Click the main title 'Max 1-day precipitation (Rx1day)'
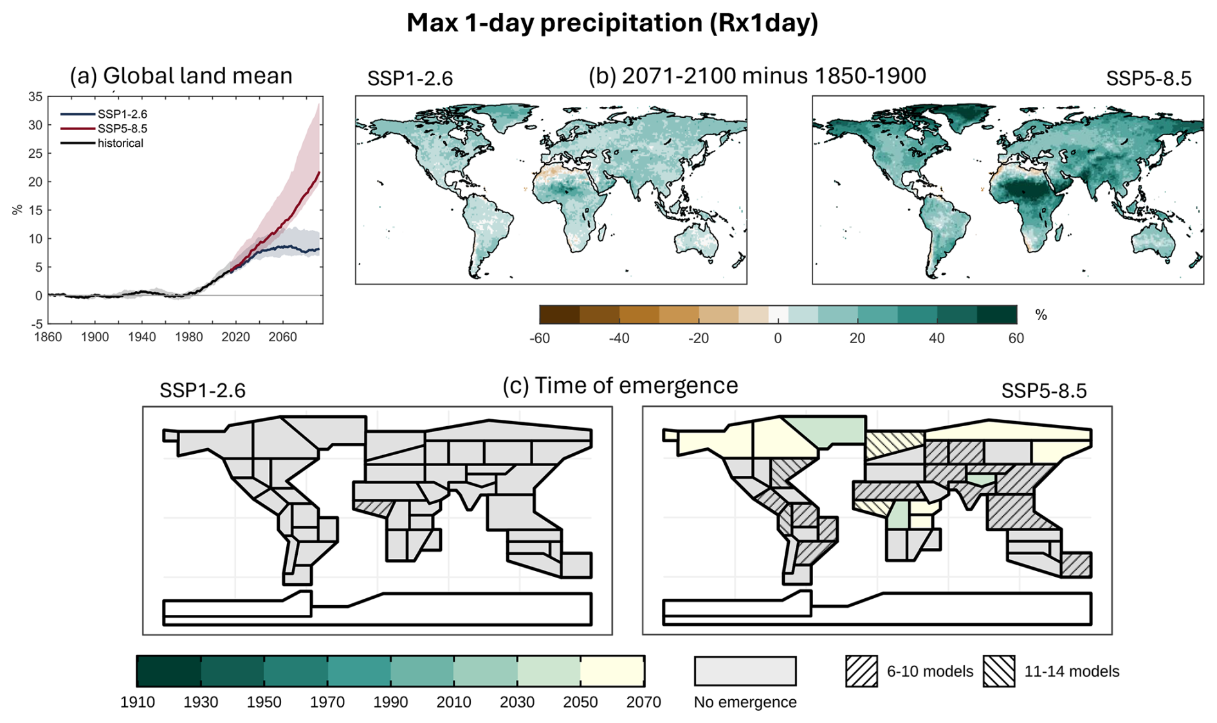click(612, 23)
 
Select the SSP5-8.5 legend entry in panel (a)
click(122, 129)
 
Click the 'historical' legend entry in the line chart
click(120, 143)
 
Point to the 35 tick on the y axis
click(35, 97)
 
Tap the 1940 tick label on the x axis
click(142, 337)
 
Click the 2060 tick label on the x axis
click(282, 337)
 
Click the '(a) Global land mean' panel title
click(181, 76)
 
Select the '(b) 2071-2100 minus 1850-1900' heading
click(757, 76)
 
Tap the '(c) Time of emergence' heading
click(620, 386)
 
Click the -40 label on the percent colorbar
click(619, 339)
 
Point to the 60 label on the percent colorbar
click(1016, 339)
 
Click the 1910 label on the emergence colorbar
click(137, 702)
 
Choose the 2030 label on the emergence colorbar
click(517, 702)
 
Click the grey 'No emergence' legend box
click(745, 671)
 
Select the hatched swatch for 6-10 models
click(861, 671)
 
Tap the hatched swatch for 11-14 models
click(999, 671)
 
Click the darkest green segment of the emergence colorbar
click(169, 671)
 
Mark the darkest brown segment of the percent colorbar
click(560, 315)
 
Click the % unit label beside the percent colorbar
click(1041, 315)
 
